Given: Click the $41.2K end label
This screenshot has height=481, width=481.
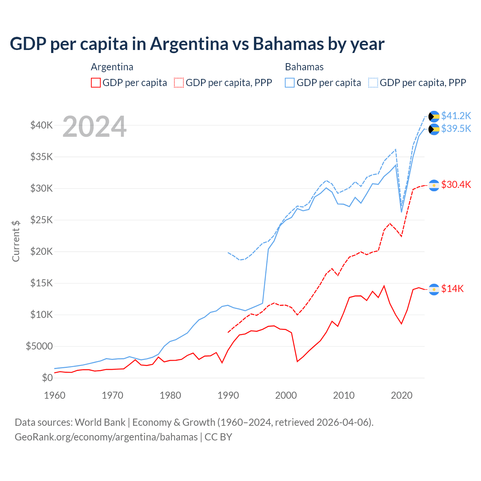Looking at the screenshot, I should pos(456,115).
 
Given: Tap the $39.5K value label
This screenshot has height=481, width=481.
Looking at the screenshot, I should pos(456,129).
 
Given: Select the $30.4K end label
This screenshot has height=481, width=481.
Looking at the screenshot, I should pos(456,185).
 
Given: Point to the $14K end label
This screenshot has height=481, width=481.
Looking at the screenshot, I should pos(452,289).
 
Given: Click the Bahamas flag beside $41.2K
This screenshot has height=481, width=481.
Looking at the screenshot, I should pos(434,116).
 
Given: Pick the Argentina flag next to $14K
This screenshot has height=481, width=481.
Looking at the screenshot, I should pos(434,289).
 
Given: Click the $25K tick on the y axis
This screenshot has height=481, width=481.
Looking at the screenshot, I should pos(41,220).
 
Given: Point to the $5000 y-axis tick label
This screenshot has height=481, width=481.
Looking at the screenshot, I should pos(39,346).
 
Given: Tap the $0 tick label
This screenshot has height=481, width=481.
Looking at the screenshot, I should pos(47,378).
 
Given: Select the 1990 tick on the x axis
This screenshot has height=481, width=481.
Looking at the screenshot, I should pos(228,395).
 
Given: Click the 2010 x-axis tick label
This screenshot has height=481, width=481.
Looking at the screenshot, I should pos(344,395).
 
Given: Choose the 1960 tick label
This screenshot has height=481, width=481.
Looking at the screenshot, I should pos(55,395).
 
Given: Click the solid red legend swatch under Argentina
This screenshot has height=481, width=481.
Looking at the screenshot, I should pos(96,83).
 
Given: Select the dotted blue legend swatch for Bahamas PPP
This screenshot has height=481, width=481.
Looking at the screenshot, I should pos(373,83).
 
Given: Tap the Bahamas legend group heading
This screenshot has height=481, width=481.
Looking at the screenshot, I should pos(304,67).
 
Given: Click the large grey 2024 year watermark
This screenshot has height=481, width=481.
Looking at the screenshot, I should pos(94,127).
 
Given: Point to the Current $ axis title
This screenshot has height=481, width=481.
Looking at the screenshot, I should pos(16,241).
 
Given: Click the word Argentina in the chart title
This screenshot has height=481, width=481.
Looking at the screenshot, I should pos(189,44).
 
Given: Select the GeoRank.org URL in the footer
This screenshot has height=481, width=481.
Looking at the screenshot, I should pos(106,437).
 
